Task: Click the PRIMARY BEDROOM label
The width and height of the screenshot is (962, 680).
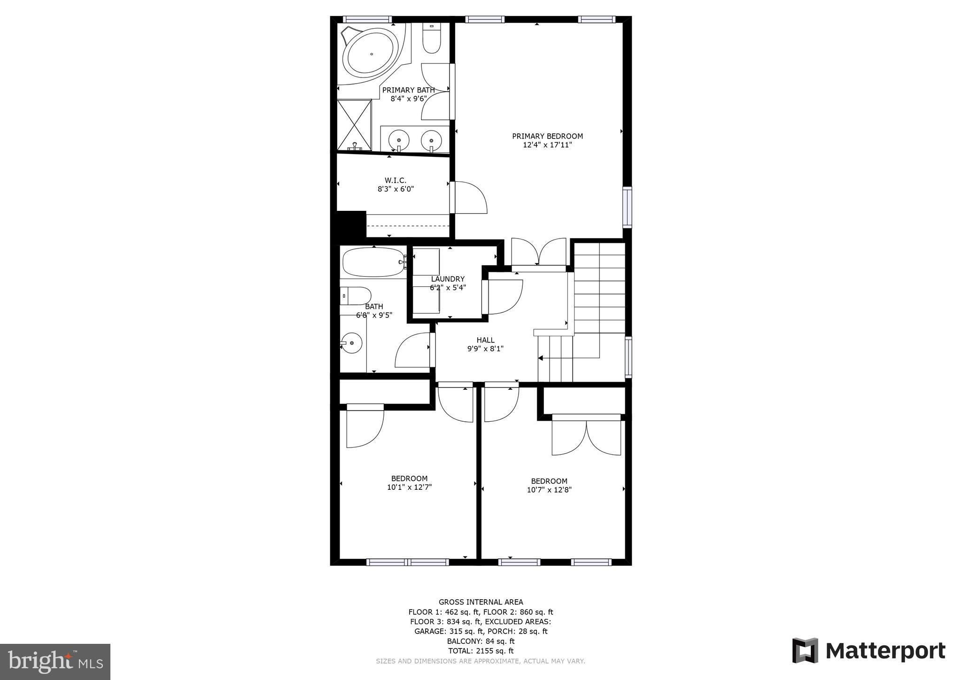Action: (x=547, y=136)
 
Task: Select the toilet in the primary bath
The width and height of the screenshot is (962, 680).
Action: (x=431, y=39)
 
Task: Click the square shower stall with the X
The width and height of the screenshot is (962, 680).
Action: (x=354, y=124)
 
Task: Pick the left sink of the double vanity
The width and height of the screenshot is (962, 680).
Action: (x=399, y=140)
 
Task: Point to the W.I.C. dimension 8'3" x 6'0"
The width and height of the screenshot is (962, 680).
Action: (x=396, y=189)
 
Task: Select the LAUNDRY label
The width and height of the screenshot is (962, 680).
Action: (x=448, y=279)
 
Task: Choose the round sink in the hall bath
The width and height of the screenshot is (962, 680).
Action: (x=351, y=342)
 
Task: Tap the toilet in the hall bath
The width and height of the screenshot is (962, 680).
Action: (x=356, y=296)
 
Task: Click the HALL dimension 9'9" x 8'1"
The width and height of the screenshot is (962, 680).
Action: (x=485, y=349)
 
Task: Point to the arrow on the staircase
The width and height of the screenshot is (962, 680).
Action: (x=541, y=358)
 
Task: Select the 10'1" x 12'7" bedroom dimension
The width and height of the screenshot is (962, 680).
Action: (x=409, y=487)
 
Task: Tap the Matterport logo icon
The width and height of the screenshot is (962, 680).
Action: (x=805, y=650)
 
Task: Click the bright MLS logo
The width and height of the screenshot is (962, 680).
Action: (x=55, y=662)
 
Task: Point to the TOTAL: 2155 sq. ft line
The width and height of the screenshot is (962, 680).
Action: (x=481, y=651)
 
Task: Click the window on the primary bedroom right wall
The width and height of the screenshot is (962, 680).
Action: (x=627, y=207)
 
